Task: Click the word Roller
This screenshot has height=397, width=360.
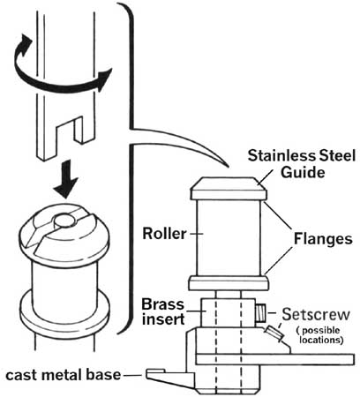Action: tap(164, 234)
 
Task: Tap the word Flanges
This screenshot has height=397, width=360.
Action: tap(323, 239)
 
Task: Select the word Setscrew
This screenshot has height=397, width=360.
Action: tap(316, 314)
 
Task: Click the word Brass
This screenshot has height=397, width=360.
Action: tap(162, 304)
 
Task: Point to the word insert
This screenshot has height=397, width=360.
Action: tap(163, 319)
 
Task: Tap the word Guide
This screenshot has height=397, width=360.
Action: tap(303, 171)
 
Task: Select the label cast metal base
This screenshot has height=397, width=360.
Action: tap(64, 375)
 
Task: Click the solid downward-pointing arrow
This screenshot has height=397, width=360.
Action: tap(67, 179)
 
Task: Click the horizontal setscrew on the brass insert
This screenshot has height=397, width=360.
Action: tap(261, 313)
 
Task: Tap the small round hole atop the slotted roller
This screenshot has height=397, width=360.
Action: tap(64, 219)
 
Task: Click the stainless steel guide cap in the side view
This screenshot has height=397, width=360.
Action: tap(229, 189)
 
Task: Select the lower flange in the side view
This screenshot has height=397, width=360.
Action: tap(229, 283)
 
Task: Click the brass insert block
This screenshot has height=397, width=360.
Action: tap(228, 312)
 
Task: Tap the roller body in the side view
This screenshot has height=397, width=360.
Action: tap(229, 238)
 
